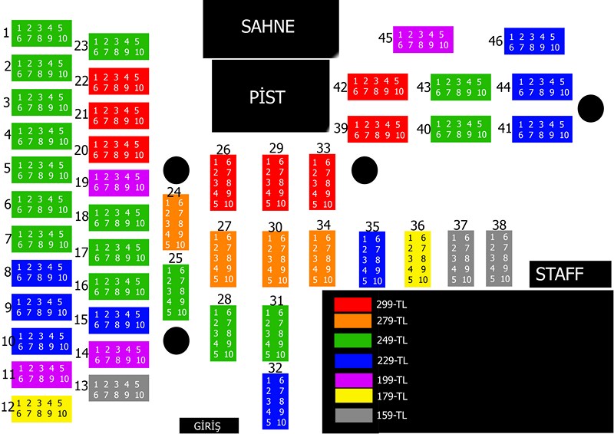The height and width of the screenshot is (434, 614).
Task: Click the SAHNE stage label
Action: point(268,27)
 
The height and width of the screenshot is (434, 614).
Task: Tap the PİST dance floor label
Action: point(267,97)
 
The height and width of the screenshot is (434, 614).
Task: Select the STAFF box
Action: point(570,274)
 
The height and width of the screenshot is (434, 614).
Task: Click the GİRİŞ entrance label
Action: point(209,426)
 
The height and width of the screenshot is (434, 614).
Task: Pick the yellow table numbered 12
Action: point(41,409)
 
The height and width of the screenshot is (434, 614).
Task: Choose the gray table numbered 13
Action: point(119,388)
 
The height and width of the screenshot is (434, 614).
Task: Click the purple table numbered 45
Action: point(424,40)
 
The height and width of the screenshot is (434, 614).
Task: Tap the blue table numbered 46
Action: point(534,41)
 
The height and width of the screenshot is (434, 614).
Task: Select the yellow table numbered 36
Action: point(418,259)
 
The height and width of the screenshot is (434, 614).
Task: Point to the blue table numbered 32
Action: point(276,401)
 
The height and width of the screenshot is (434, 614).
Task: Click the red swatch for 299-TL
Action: point(352,305)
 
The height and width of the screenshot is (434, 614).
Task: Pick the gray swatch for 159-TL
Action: point(354,416)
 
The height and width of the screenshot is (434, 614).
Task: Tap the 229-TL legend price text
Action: point(392,360)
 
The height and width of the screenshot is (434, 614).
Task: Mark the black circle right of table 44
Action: point(590,108)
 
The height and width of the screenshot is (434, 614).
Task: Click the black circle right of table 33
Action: point(365,170)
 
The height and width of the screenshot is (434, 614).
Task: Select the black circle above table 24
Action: point(177,170)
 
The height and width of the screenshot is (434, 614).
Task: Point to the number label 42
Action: point(340,87)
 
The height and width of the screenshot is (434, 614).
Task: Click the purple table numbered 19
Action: point(119,182)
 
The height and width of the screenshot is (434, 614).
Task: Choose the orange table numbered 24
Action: point(176,222)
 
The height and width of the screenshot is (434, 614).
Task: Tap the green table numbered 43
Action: point(461,87)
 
